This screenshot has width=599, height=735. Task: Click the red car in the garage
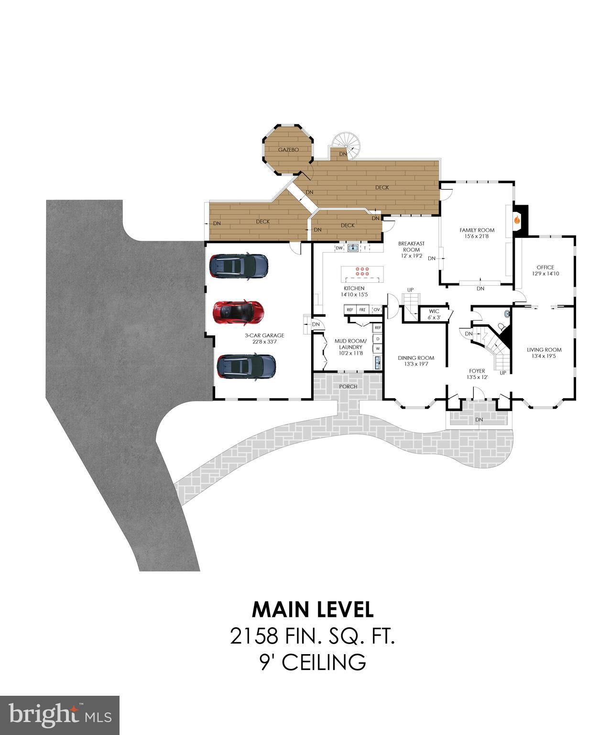point(238,312)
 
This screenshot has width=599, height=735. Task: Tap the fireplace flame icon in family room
point(516,220)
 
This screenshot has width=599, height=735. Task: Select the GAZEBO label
point(288,150)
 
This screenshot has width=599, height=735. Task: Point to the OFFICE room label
point(545,267)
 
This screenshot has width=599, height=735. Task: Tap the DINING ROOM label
point(416,358)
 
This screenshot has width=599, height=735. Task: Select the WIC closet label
point(434,312)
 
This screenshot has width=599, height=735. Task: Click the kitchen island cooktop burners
point(362,271)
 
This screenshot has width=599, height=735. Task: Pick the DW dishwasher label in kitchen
point(339,248)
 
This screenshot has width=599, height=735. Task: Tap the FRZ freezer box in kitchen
point(362,310)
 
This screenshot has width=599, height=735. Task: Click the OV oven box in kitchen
point(377,310)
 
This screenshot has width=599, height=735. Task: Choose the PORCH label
point(348,386)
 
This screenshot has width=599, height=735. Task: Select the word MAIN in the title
point(282,610)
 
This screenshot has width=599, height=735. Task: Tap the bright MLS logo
point(60,715)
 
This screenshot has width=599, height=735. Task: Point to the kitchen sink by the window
point(353,248)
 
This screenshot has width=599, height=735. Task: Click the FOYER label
point(477,371)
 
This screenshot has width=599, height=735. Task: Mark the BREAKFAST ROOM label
point(411,246)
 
